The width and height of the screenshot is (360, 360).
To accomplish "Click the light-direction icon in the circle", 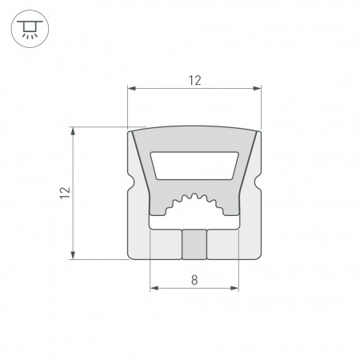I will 29,30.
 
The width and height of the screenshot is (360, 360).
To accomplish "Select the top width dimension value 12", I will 194,79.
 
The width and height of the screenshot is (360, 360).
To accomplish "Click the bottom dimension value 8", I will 194,279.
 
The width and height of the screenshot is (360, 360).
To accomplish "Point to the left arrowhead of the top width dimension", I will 131,88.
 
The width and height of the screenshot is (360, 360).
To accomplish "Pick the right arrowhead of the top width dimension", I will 259,88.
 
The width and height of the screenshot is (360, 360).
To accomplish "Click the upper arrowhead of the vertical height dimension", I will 74,130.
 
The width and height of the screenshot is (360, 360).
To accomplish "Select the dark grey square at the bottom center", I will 194,244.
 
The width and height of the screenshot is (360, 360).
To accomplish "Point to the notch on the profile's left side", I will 131,192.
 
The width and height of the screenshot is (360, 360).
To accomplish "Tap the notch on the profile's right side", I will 259,192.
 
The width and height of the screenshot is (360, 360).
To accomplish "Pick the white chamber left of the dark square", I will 166,244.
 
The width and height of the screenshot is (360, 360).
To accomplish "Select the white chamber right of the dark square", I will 223,244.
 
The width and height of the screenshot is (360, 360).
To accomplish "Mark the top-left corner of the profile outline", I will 130,130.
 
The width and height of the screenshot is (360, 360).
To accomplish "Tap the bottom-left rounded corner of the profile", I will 131,256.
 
